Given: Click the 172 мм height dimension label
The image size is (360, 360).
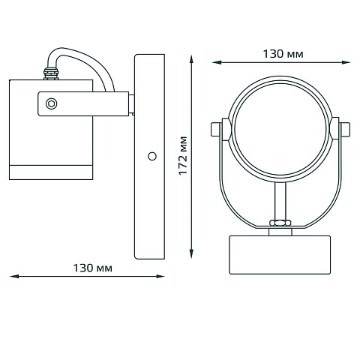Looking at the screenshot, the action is click(183, 155).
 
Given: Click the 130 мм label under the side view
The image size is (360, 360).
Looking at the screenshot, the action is click(93, 268).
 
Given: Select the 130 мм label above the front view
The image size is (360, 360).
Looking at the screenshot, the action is click(283, 54).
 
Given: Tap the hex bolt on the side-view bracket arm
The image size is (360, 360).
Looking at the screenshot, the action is click(52, 103).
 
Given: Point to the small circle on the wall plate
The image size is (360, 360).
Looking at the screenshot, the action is click(152, 156).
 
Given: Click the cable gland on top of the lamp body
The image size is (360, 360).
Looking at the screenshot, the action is click(51, 73).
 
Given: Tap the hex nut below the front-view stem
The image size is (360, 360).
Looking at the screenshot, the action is click(280, 222).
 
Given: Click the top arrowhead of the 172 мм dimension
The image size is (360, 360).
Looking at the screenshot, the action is click(191, 60).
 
